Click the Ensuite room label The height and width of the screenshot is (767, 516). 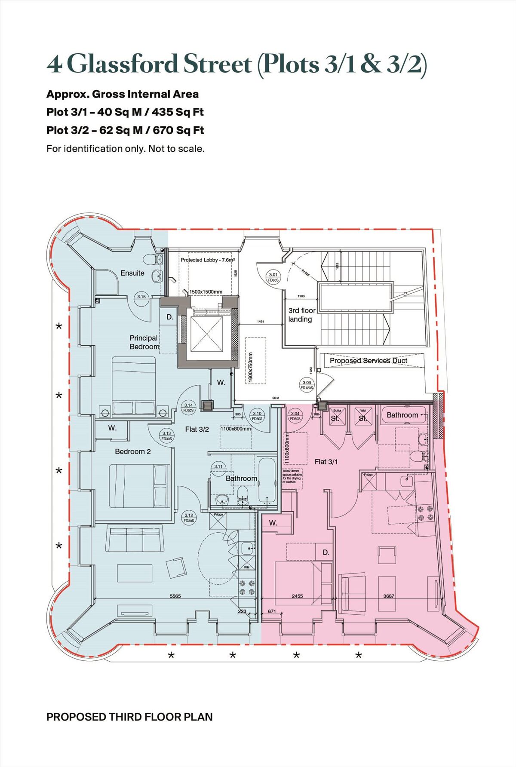point(132,273)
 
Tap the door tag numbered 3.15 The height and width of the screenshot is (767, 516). point(141,297)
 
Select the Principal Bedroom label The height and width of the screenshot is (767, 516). point(144,342)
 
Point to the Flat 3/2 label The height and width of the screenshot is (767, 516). point(197,429)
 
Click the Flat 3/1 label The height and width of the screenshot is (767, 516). point(326,462)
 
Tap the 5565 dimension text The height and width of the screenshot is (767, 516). point(175,596)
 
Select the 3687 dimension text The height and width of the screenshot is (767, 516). point(388,596)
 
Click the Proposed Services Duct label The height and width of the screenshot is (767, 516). point(368,361)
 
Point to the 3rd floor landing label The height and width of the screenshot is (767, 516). point(301,315)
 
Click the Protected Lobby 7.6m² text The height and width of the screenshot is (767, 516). point(208,260)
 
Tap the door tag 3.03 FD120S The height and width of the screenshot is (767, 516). point(307,385)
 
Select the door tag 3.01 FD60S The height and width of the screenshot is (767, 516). point(273,277)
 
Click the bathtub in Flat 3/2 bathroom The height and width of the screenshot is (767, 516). point(267,480)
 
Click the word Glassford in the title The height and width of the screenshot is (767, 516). point(123,64)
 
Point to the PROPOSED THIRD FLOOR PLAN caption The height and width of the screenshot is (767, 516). point(129,717)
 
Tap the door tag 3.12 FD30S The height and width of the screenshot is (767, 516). point(189,518)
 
